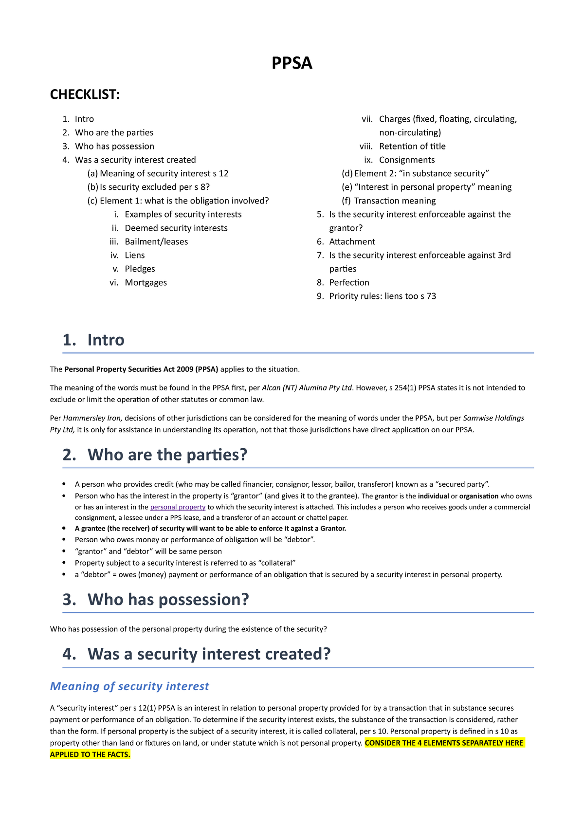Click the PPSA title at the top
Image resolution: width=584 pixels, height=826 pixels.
[x=292, y=63]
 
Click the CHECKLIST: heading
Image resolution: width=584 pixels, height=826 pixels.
[x=85, y=94]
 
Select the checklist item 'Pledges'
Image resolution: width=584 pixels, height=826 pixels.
[x=140, y=269]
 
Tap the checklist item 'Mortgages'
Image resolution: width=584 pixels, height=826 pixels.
[x=146, y=282]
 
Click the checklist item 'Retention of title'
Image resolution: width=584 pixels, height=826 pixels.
[x=412, y=146]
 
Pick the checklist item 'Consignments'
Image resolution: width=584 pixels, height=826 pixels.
[x=406, y=160]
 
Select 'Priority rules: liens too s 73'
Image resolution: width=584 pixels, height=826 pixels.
[x=382, y=296]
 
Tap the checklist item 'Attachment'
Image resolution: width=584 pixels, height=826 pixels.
[x=352, y=241]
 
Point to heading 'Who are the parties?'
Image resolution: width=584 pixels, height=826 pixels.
[x=167, y=455]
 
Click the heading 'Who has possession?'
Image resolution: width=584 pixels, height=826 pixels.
[x=168, y=599]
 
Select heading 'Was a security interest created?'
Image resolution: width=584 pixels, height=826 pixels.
[x=209, y=654]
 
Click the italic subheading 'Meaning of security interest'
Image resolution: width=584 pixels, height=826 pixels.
[x=129, y=686]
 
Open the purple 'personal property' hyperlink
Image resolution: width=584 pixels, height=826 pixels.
[x=178, y=507]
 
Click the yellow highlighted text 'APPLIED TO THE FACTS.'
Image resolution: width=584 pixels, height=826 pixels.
[x=90, y=754]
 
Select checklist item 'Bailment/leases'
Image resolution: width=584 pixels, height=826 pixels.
[x=156, y=241]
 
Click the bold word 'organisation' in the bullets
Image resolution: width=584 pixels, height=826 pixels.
[x=479, y=496]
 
